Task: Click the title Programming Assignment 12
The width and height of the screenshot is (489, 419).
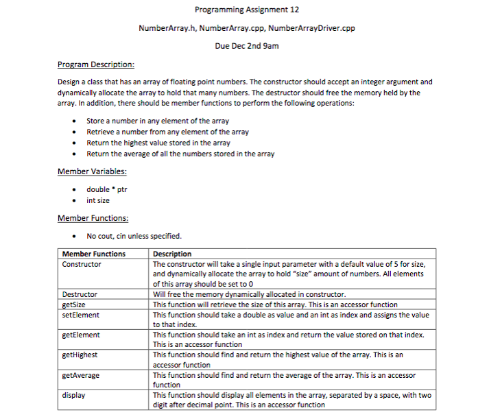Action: point(246,10)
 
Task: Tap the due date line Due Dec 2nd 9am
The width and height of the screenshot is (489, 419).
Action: point(246,46)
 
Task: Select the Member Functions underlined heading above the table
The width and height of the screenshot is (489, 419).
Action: point(93,218)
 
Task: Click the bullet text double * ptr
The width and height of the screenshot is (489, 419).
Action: point(106,189)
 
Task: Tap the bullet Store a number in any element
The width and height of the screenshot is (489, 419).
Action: point(157,121)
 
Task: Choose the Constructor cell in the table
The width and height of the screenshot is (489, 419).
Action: point(82,264)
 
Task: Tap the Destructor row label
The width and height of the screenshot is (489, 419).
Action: point(80,294)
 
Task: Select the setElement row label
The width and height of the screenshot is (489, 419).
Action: point(80,315)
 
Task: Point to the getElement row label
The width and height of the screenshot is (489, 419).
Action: point(80,335)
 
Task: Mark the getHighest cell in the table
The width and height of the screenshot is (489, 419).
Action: point(80,355)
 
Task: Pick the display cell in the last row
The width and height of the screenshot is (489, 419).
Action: point(73,396)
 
